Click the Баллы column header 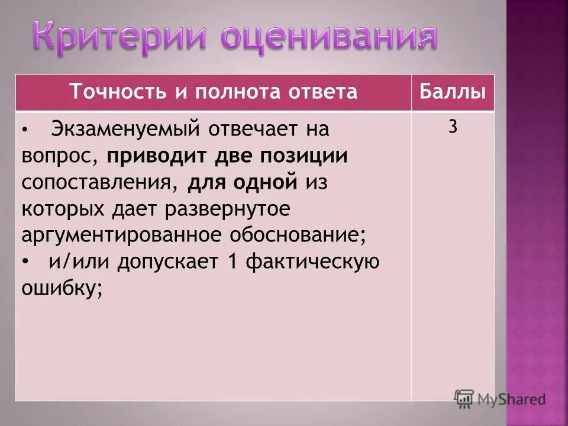[x=453, y=93]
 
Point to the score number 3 [x=453, y=128]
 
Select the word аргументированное [x=118, y=235]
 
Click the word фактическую [x=311, y=262]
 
